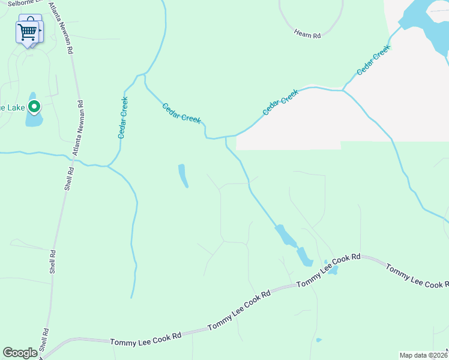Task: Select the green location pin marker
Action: (x=34, y=107)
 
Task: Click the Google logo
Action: (x=20, y=353)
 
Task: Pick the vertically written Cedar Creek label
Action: (x=123, y=118)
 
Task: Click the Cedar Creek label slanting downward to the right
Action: (x=181, y=113)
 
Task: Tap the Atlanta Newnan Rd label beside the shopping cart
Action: (x=60, y=27)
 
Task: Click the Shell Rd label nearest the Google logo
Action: (x=43, y=341)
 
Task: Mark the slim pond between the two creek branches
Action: (x=182, y=175)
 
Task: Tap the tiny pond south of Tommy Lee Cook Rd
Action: (x=319, y=340)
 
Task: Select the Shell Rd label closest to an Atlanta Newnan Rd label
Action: (x=70, y=178)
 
